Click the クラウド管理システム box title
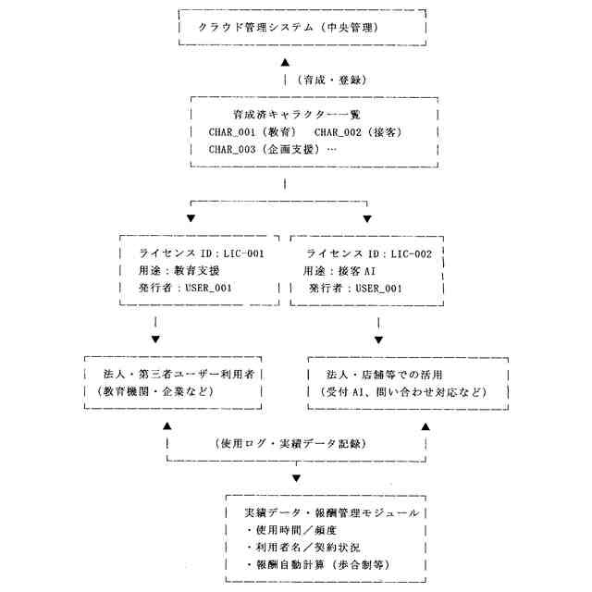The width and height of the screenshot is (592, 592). [302, 28]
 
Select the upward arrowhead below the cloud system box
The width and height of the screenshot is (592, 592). [286, 62]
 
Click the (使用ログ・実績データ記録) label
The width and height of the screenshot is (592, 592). [296, 442]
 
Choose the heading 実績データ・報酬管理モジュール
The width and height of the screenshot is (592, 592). [331, 512]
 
